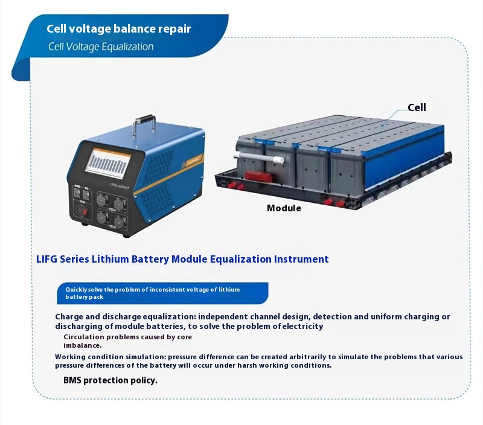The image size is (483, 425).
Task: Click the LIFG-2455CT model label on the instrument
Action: click(x=120, y=186)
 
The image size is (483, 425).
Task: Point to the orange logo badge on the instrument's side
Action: click(x=194, y=160)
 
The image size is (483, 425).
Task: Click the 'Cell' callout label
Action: click(x=417, y=107)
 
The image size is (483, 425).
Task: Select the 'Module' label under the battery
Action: click(x=284, y=208)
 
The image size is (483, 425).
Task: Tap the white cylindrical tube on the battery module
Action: click(x=258, y=157)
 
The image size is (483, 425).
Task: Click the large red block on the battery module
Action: click(x=258, y=176)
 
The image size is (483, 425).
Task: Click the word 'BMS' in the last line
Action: click(x=72, y=380)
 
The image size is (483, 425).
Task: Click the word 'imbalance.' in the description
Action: click(x=83, y=345)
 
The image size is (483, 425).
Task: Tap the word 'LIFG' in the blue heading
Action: click(x=47, y=259)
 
